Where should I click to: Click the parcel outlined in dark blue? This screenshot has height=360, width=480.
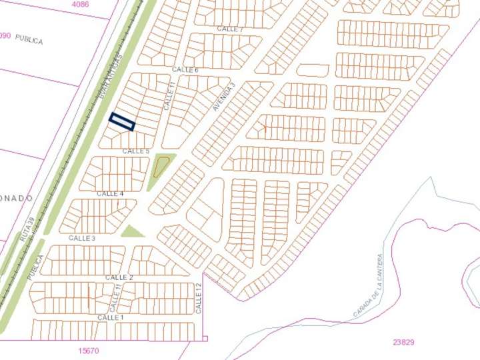122,121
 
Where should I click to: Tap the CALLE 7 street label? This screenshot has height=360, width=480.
231,29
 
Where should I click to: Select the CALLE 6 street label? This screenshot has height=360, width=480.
185,70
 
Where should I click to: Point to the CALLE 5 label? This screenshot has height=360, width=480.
136,151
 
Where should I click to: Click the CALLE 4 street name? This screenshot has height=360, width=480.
110,194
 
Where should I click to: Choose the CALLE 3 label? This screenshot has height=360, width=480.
82,238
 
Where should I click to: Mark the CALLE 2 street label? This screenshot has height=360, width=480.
119,277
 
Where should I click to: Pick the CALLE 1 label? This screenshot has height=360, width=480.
111,317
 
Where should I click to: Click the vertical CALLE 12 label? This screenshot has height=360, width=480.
199,298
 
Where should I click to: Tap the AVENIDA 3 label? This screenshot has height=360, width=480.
225,97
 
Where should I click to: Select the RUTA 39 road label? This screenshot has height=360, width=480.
27,229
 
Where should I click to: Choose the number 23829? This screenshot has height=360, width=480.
403,343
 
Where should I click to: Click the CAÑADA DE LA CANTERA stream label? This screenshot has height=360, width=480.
367,285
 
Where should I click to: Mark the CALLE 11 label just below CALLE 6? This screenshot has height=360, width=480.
169,96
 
